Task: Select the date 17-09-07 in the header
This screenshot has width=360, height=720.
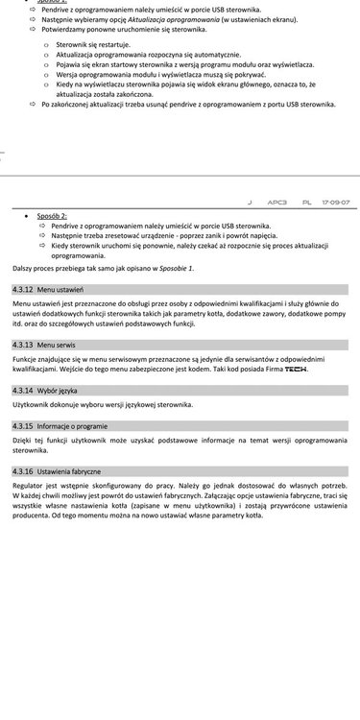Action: point(335,204)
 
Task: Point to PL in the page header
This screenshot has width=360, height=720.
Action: point(307,204)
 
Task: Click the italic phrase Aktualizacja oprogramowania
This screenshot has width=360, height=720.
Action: point(158,20)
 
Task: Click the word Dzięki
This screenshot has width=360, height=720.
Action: point(23,440)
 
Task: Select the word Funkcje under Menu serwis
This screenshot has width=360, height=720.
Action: point(27,357)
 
